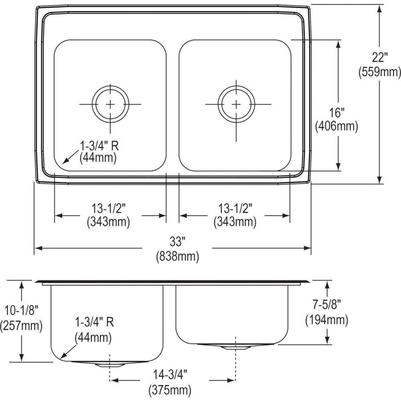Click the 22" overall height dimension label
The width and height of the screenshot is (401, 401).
click(x=380, y=57)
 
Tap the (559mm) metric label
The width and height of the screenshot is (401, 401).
click(x=380, y=72)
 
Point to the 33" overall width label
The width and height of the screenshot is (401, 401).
click(x=177, y=242)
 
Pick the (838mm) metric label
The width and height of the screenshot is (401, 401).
click(x=177, y=256)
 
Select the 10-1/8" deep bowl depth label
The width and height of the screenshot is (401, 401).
click(x=21, y=311)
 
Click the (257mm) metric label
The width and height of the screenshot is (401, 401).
click(x=21, y=325)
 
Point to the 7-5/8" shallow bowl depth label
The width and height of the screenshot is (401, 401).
click(x=327, y=305)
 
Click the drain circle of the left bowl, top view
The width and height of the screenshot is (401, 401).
click(x=110, y=104)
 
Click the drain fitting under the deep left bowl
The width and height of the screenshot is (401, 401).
click(x=110, y=364)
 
